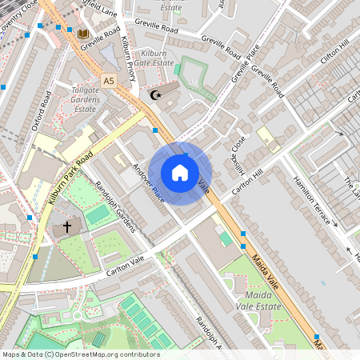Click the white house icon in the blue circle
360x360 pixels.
pyautogui.click(x=180, y=173)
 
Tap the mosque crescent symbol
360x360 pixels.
pyautogui.click(x=155, y=95)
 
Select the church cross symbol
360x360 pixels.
pyautogui.click(x=67, y=227)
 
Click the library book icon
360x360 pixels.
pyautogui.click(x=82, y=34)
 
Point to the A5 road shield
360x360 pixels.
pyautogui.click(x=109, y=81)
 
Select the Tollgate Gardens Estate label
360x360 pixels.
pyautogui.click(x=86, y=98)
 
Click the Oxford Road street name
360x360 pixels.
pyautogui.click(x=42, y=111)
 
